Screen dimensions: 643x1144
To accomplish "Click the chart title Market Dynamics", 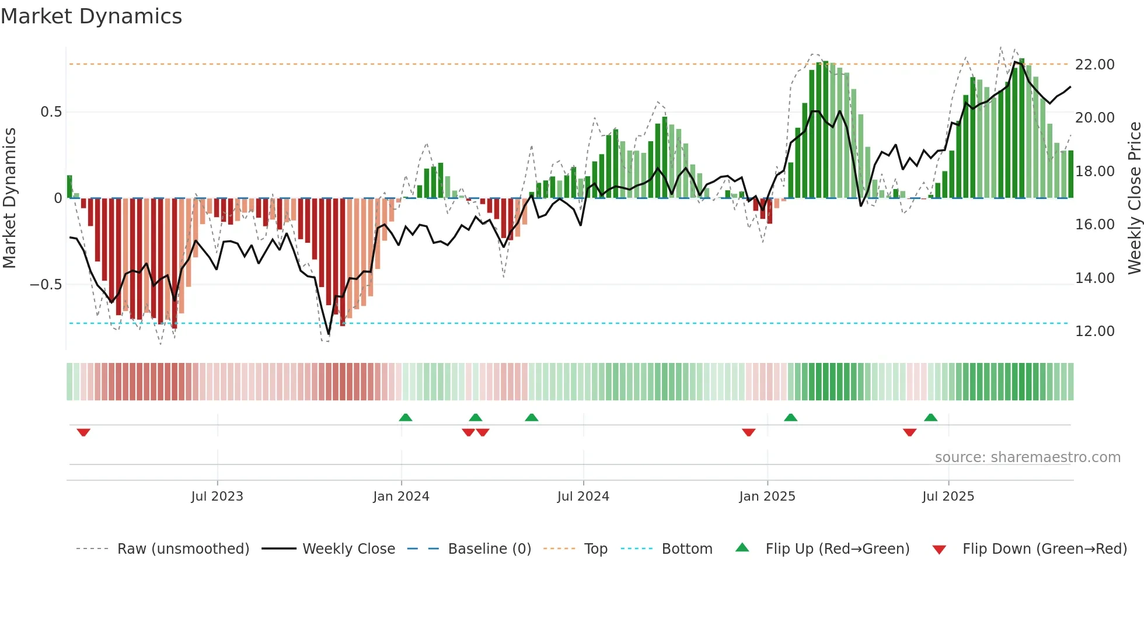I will click(91, 16).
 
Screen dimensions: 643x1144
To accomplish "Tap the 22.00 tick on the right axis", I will click(1094, 64).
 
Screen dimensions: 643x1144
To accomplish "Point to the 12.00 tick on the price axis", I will click(1094, 331).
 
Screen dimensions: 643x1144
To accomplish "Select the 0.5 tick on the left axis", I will click(51, 111).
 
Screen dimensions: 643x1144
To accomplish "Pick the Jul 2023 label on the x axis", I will click(217, 496).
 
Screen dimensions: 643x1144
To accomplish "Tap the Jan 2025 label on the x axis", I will click(767, 496).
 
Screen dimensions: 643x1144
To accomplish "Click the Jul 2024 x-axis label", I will click(583, 496).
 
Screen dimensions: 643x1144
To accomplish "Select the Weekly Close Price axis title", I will click(1134, 198).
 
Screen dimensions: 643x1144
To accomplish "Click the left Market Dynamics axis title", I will click(9, 198).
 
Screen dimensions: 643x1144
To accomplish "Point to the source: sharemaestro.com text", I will click(1027, 457).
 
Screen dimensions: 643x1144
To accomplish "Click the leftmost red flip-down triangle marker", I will click(83, 432).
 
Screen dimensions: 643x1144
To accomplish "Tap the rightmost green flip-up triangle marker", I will click(930, 417).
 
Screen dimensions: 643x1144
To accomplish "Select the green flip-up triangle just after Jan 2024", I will click(406, 417).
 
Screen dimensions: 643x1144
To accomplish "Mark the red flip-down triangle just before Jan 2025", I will click(749, 432).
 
